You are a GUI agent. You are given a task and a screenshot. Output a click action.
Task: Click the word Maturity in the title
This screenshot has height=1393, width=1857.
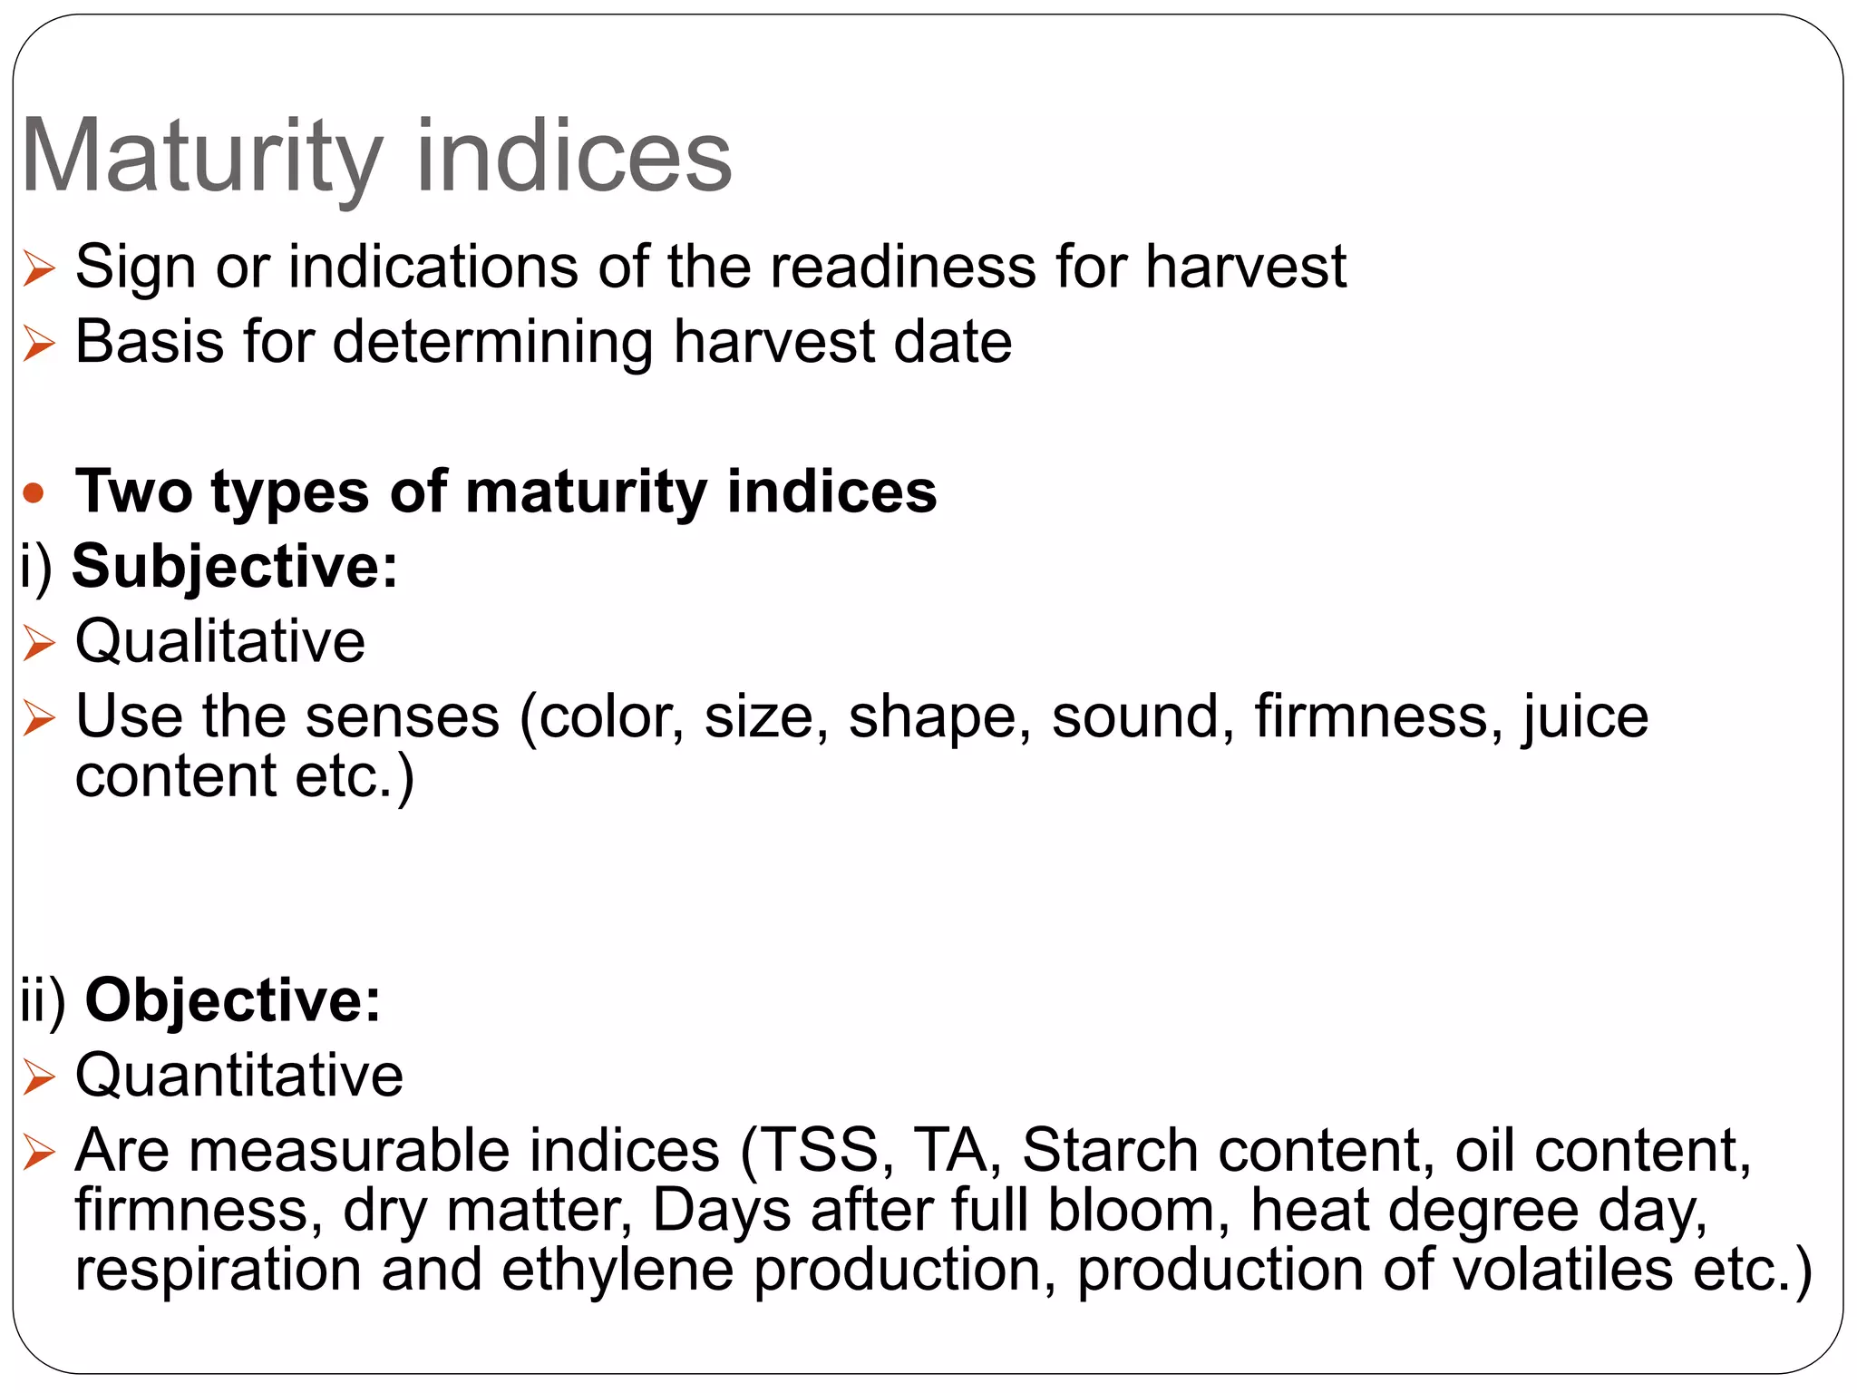[x=201, y=158]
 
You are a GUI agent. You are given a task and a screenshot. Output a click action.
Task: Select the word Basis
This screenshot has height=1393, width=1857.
[x=150, y=343]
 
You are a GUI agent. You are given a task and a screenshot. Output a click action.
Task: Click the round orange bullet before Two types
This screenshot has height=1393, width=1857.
[x=34, y=493]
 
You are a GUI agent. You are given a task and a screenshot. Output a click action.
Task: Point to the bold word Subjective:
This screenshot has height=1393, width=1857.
[x=235, y=567]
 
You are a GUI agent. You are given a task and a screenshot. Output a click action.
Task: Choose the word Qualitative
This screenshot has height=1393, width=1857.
[x=220, y=642]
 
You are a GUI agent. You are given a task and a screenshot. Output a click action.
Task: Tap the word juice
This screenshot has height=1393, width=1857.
[x=1585, y=717]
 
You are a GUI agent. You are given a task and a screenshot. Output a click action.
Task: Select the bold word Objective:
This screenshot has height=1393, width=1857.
[x=233, y=1000]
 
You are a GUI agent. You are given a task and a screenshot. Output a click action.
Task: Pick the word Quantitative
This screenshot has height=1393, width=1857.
[x=239, y=1076]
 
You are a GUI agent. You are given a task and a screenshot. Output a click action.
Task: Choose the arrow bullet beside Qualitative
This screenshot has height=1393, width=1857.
[x=39, y=643]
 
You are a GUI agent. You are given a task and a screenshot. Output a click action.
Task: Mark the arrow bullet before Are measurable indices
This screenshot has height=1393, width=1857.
[x=39, y=1153]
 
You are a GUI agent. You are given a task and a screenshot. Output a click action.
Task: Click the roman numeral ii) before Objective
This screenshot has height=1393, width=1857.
[x=44, y=1002]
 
